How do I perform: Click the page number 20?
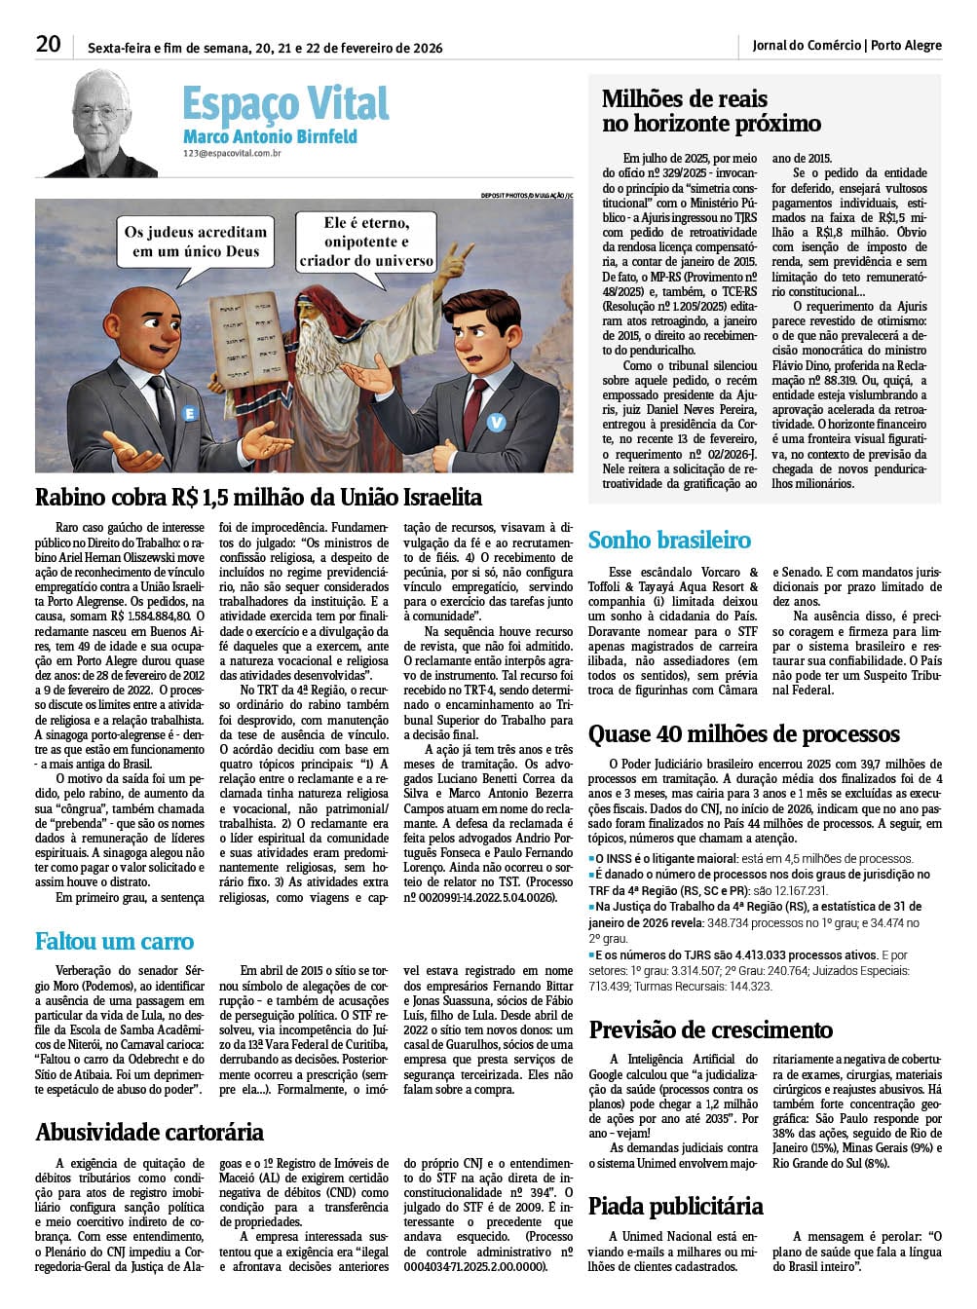pyautogui.click(x=48, y=45)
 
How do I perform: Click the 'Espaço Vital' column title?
pyautogui.click(x=284, y=103)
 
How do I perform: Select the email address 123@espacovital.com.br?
pyautogui.click(x=233, y=154)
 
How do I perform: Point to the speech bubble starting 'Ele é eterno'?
pyautogui.click(x=366, y=242)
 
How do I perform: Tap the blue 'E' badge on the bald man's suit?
pyautogui.click(x=190, y=414)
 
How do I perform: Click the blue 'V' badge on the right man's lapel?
pyautogui.click(x=497, y=422)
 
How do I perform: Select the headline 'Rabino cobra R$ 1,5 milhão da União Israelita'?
pyautogui.click(x=258, y=498)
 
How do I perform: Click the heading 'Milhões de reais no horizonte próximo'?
pyautogui.click(x=711, y=111)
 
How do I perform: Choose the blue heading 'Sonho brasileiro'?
pyautogui.click(x=669, y=540)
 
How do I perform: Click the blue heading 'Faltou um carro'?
pyautogui.click(x=114, y=941)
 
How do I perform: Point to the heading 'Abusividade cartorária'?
pyautogui.click(x=149, y=1132)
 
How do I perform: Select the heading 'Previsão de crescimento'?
pyautogui.click(x=710, y=1029)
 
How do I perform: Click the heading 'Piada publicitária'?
pyautogui.click(x=675, y=1206)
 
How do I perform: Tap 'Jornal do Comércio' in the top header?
pyautogui.click(x=807, y=46)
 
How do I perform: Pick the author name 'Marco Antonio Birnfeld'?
pyautogui.click(x=270, y=137)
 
